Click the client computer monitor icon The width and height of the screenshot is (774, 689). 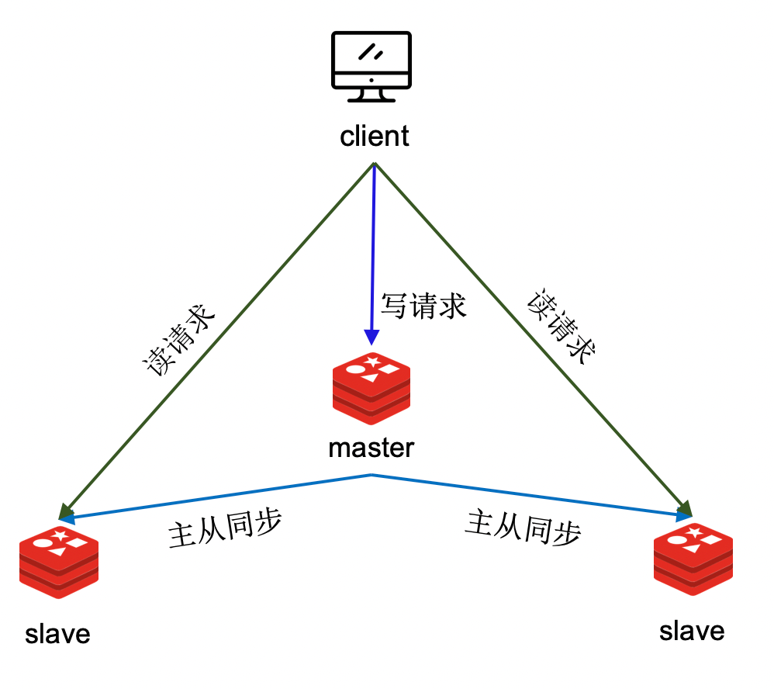click(371, 66)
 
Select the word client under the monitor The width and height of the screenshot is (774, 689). click(374, 137)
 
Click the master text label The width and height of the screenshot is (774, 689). click(371, 448)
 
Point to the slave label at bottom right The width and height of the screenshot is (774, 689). click(692, 630)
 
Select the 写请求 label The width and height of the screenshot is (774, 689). click(423, 306)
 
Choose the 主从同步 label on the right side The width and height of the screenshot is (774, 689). click(523, 528)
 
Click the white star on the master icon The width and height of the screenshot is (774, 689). click(373, 362)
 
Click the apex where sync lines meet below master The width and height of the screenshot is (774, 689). click(372, 474)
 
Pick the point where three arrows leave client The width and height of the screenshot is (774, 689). click(375, 164)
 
